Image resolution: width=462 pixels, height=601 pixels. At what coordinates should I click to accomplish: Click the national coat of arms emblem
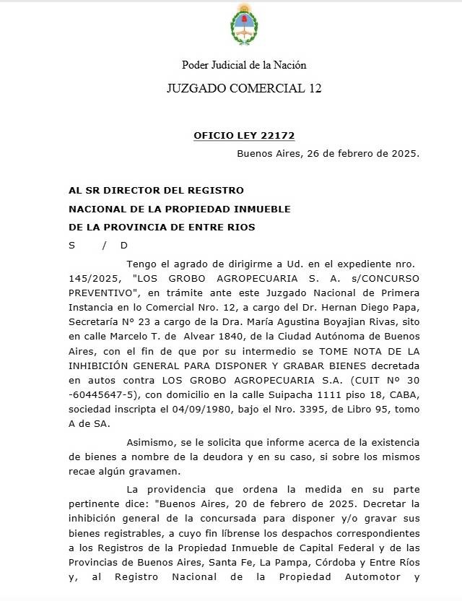tap(243, 24)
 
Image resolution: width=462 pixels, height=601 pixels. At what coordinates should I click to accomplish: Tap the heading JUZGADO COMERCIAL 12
tap(244, 89)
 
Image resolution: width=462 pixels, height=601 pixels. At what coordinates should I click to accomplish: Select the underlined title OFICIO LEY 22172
tap(244, 136)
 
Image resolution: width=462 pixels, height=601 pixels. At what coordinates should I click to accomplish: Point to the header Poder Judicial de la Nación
tap(244, 65)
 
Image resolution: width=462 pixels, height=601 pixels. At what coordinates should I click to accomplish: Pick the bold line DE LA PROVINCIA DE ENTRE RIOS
tap(162, 227)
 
